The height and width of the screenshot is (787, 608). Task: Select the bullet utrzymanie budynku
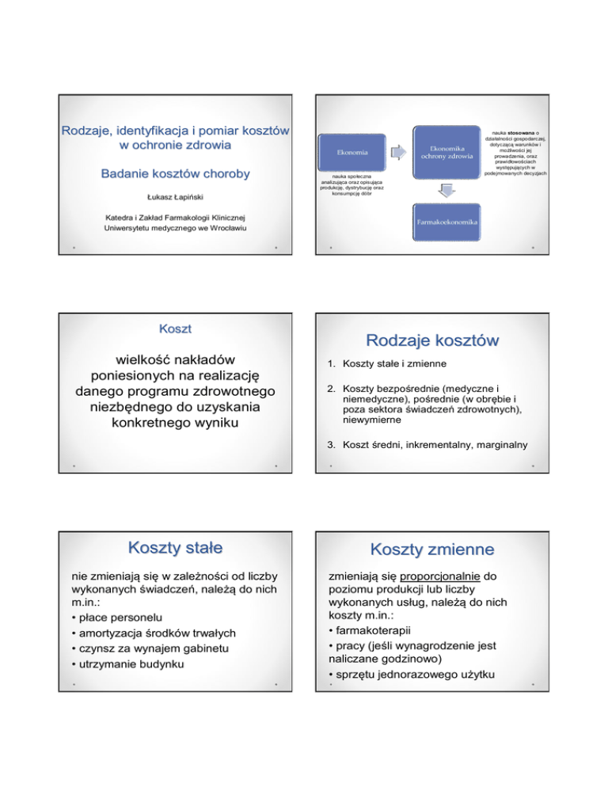pos(128,663)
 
